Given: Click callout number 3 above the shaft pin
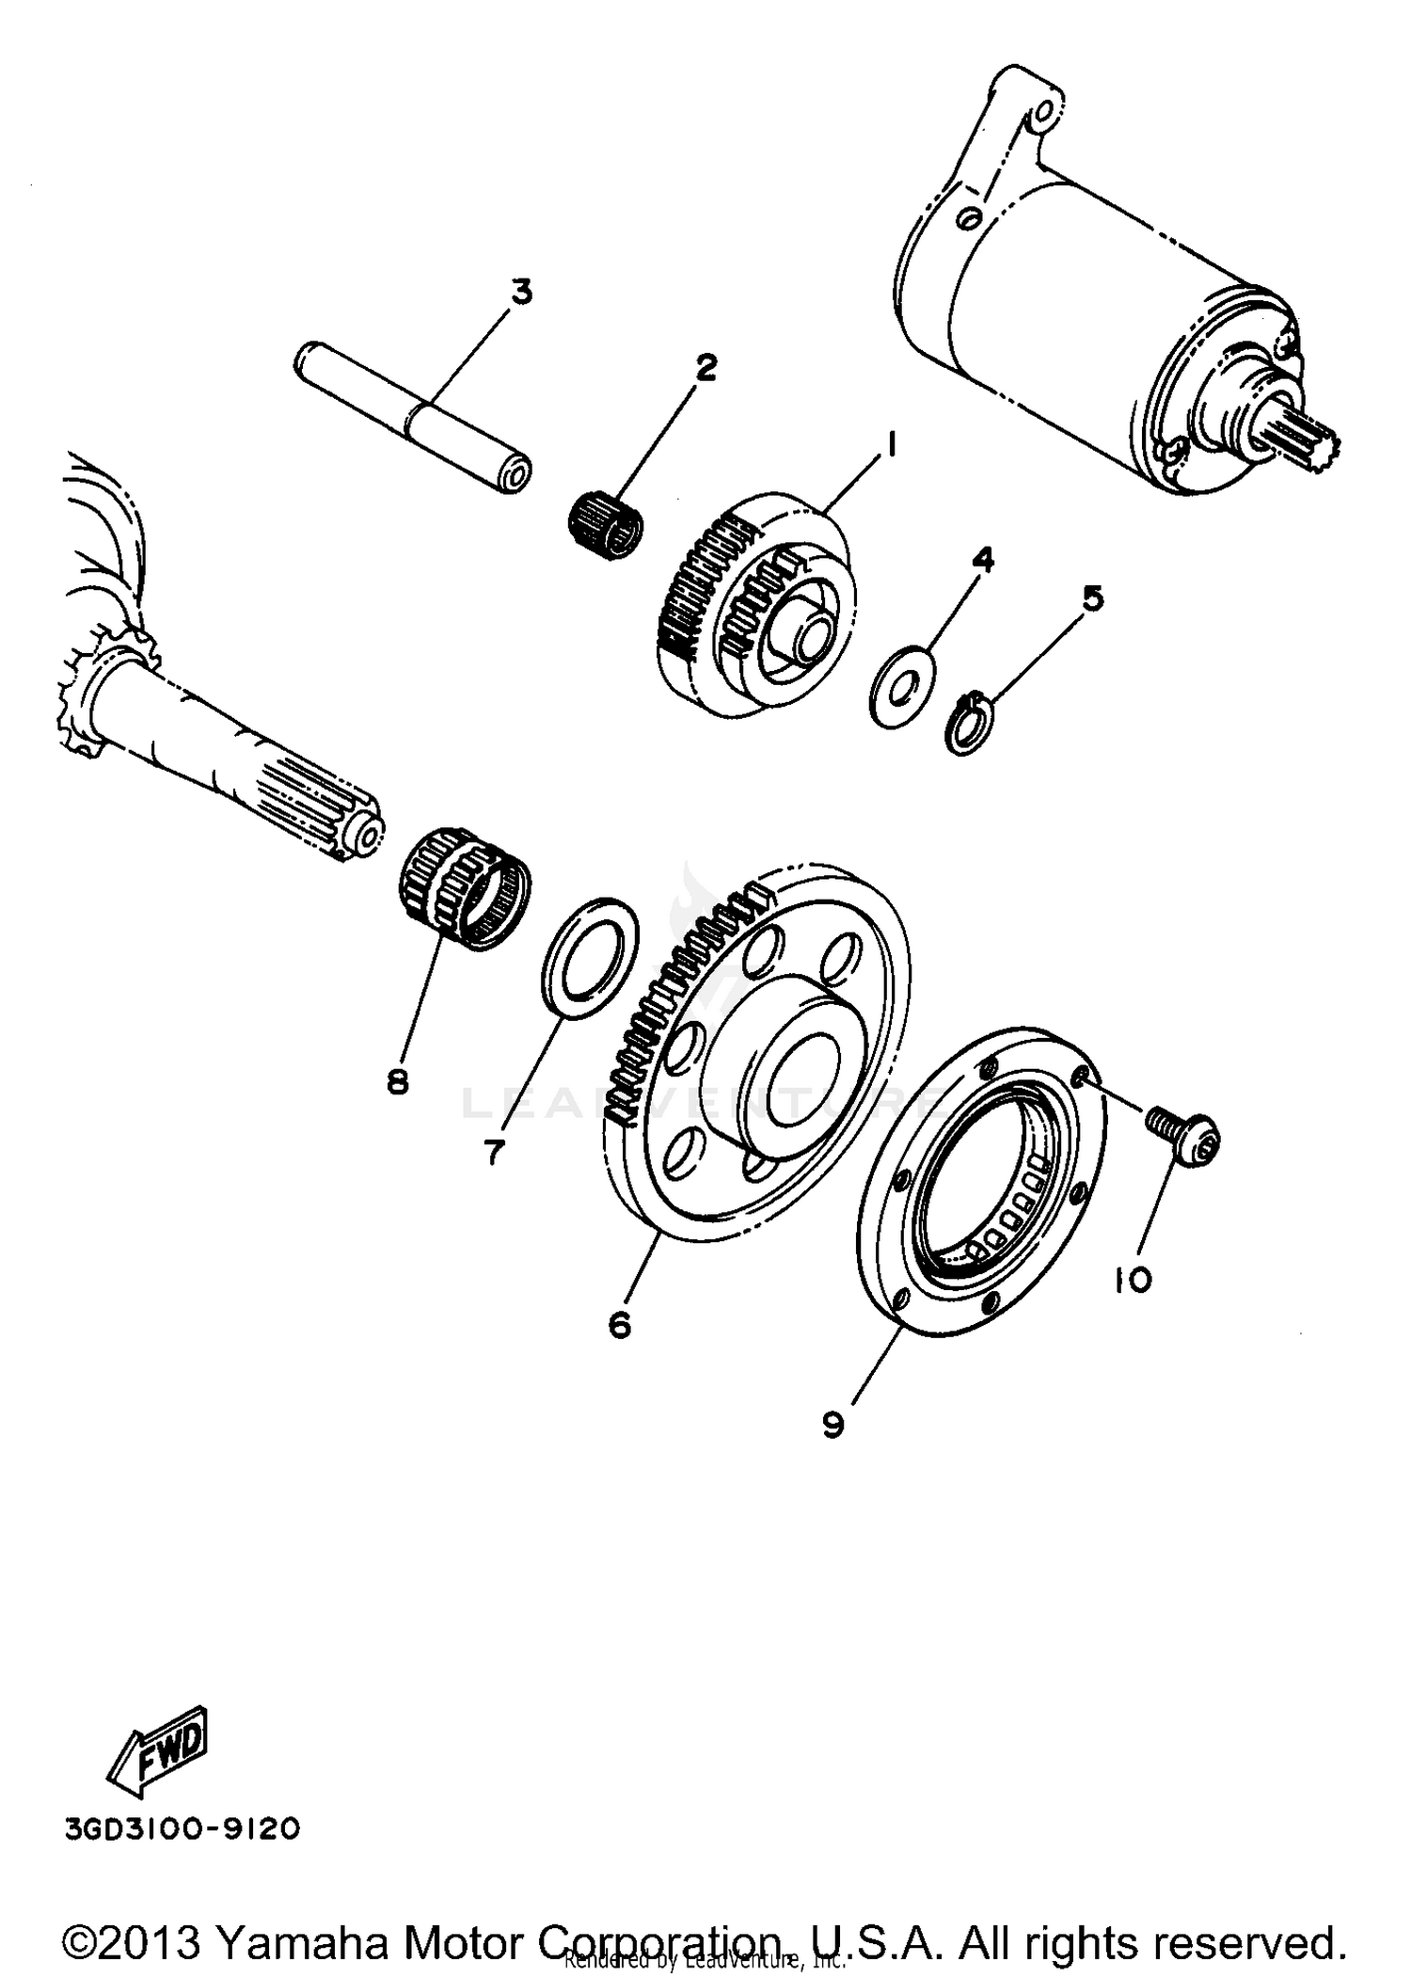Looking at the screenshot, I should pos(520,292).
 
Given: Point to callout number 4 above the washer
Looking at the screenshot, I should pos(982,561).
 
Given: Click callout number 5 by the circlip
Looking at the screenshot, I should pos(1092,598).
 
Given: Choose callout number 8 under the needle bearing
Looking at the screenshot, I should pos(398,1082).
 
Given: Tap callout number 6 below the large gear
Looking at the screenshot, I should pos(620,1325).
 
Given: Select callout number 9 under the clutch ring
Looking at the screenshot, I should pos(833,1424).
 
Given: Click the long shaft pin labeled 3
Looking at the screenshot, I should pos(414,417).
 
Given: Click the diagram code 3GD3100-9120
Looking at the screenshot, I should pos(182,1828).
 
